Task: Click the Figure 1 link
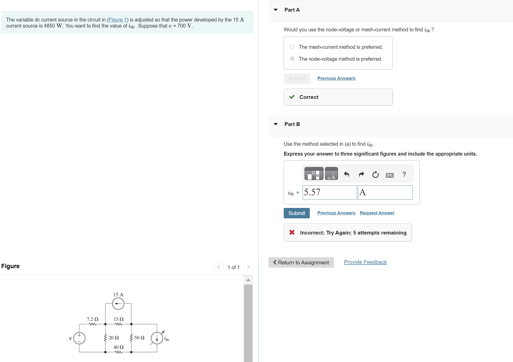tap(117, 20)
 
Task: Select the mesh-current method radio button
tap(292, 47)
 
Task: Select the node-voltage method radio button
tap(292, 59)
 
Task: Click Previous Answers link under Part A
tap(336, 78)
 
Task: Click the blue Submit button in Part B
tap(297, 213)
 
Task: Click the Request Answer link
tap(377, 213)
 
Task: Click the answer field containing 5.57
tap(330, 193)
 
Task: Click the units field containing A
tap(385, 193)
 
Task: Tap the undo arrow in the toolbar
tap(346, 174)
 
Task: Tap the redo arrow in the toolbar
tap(361, 174)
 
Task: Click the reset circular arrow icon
tap(375, 175)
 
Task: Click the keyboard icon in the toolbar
tap(389, 175)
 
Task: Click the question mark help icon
tap(404, 174)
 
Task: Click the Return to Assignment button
tap(301, 263)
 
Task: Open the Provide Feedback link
tap(365, 262)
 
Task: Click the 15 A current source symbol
tap(118, 304)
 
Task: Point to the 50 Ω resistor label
tap(139, 338)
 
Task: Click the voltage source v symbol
tap(79, 338)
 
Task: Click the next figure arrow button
tap(248, 267)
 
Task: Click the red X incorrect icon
tap(292, 232)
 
